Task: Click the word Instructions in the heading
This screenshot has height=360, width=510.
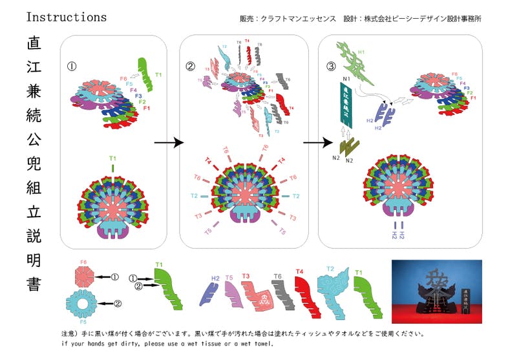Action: [x=66, y=17]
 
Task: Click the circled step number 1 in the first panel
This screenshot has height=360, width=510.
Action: [x=72, y=65]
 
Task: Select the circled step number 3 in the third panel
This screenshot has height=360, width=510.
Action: [x=331, y=65]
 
